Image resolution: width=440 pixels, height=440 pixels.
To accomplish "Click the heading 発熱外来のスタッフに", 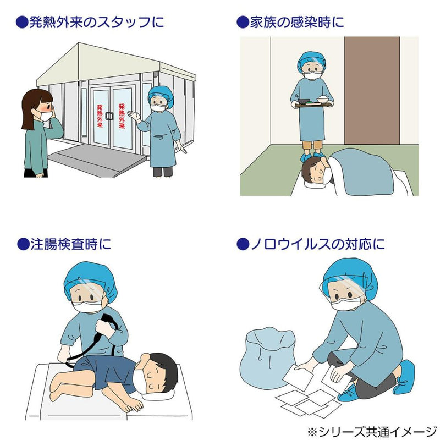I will [91, 23].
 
